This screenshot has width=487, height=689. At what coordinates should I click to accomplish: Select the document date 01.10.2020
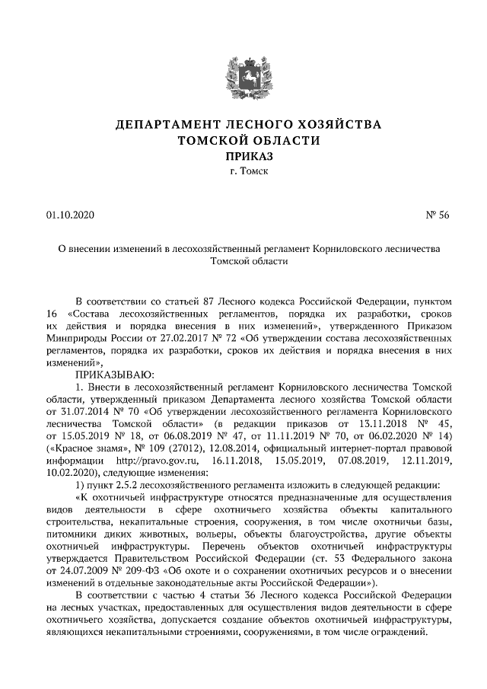pos(68,215)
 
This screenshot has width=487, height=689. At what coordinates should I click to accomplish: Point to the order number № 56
pos(438,215)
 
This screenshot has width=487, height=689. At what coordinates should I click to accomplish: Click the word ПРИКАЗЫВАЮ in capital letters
pos(113,375)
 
